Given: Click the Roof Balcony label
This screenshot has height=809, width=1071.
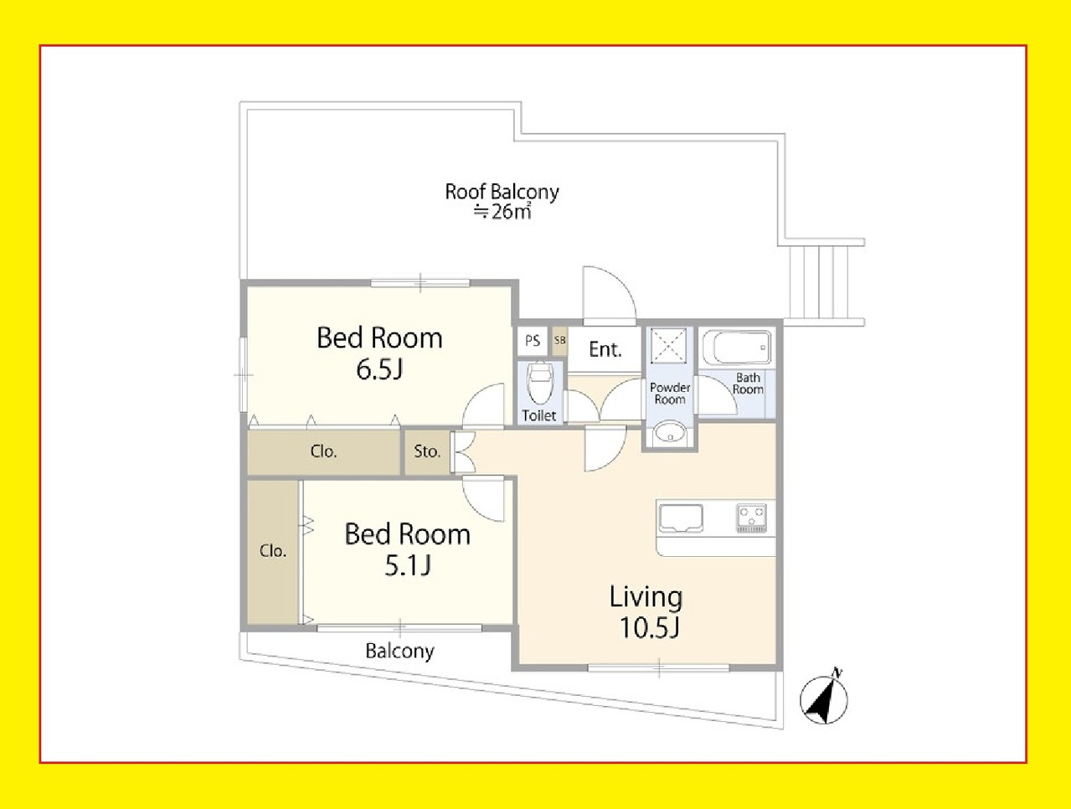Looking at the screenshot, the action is pos(502,191).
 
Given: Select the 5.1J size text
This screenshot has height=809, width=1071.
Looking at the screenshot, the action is pos(408,566).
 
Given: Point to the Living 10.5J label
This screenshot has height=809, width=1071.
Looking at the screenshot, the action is pos(646,612).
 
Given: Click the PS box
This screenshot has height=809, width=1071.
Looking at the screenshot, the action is pos(533,341).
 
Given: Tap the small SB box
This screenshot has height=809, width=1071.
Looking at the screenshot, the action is pos(559,341).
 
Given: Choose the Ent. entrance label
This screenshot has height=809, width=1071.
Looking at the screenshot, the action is pos(605,349).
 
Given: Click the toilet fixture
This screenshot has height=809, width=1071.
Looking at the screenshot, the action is pos(539,383).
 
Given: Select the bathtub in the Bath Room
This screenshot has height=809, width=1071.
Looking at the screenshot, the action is pos(737,348).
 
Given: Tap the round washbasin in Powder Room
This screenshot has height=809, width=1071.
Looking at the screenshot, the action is pos(670,432).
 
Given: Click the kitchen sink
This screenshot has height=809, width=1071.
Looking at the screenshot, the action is pos(681,518).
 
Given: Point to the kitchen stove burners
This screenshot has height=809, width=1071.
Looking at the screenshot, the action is pos(751,518).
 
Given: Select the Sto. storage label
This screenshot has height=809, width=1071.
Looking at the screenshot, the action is pos(427,451).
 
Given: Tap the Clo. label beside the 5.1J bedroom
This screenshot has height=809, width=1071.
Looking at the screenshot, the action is pos(273,551).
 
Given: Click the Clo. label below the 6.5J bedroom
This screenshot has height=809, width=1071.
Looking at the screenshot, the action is pos(323,451).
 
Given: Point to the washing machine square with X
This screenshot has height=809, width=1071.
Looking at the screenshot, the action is pos(669,346).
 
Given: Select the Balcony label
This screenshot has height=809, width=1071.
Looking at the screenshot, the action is pos(399,652).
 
